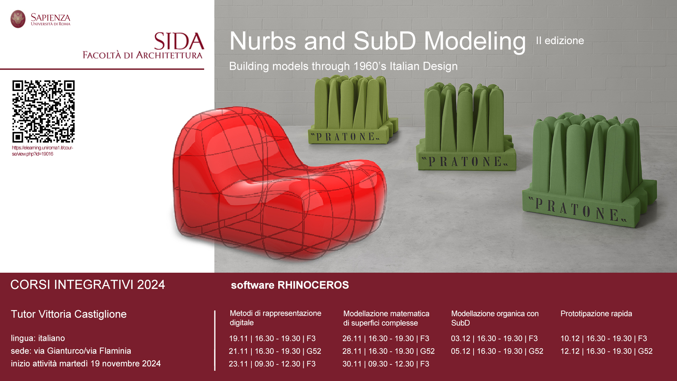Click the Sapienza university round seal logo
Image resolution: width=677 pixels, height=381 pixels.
pos(18,19)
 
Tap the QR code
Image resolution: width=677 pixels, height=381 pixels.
pos(43,111)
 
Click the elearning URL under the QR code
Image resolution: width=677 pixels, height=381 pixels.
pos(43,151)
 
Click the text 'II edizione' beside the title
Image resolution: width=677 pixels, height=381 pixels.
pos(560,41)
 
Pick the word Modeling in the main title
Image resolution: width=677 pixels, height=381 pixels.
pos(475,42)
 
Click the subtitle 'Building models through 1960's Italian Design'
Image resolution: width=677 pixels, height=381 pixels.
pos(343,66)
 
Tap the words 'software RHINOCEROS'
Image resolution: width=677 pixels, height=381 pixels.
pos(290,285)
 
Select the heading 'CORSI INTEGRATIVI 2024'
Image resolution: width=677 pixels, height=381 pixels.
pos(88,285)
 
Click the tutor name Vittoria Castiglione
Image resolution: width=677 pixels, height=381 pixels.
pos(83,314)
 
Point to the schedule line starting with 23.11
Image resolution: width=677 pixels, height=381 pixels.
pos(272,364)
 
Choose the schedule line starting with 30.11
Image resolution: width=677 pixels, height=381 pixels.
pos(386,364)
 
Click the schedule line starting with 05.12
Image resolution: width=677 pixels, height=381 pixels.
pos(497,351)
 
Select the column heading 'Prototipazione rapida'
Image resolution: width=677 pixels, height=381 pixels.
pos(596,314)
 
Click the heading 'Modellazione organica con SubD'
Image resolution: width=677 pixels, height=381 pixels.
pos(495,318)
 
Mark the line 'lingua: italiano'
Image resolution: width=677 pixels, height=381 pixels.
pos(38,338)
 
